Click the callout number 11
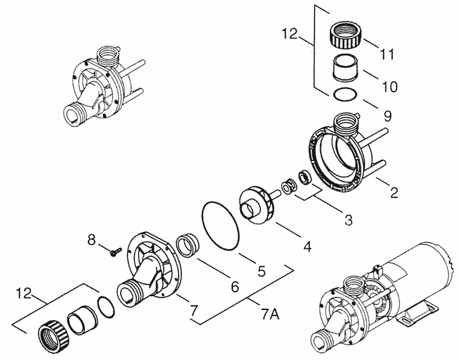(x=386, y=55)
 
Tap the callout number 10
(x=390, y=87)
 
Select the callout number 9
(x=388, y=117)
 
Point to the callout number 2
(x=394, y=193)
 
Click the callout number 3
(x=348, y=220)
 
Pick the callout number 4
(x=307, y=247)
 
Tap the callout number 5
(x=262, y=271)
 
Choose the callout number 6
(x=235, y=286)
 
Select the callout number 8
(x=91, y=240)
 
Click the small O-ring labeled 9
(x=346, y=94)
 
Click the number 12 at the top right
(x=290, y=34)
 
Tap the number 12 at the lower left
(x=24, y=293)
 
